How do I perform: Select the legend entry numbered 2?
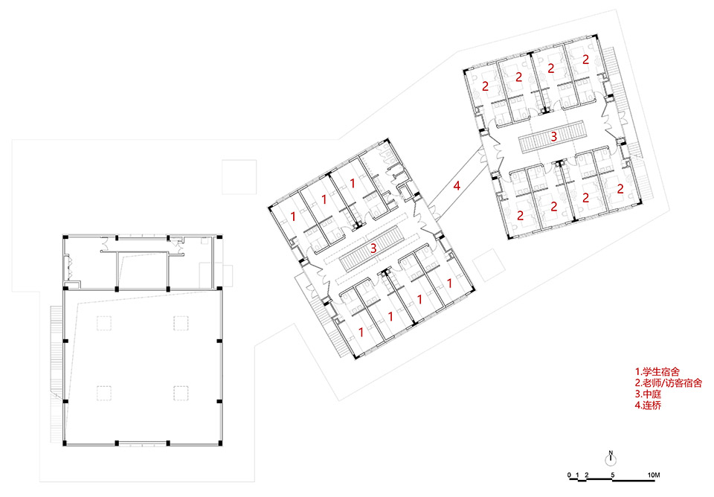click(x=669, y=382)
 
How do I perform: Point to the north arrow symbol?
click(x=610, y=456)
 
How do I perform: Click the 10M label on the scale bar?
click(x=654, y=475)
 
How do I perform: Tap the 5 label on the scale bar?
click(x=612, y=475)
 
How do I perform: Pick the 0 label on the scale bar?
click(x=568, y=475)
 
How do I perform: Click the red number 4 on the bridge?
click(x=457, y=188)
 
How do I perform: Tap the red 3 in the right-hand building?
click(x=553, y=137)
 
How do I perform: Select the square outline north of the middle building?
click(x=239, y=176)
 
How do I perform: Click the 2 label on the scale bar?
click(x=587, y=475)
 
